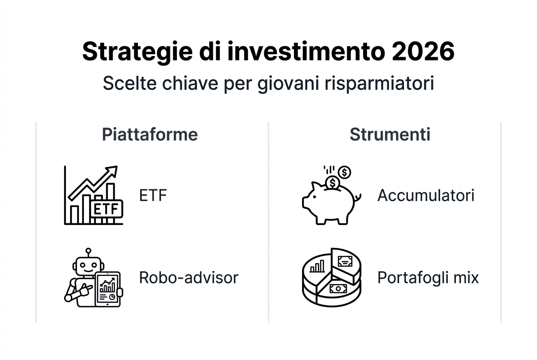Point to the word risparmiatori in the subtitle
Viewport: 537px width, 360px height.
379,83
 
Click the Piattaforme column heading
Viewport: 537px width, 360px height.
150,135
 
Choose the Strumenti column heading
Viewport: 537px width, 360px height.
390,135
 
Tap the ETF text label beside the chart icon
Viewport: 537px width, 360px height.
153,196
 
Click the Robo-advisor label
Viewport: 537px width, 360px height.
189,278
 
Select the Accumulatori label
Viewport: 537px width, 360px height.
426,196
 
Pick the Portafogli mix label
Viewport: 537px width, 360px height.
428,278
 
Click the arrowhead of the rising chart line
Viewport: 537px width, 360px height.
112,171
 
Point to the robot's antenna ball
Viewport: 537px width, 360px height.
88,251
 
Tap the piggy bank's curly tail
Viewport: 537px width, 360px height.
358,197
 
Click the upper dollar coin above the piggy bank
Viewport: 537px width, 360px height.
345,172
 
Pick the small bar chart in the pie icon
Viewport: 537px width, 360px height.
317,266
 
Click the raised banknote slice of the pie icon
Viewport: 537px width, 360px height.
345,261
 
